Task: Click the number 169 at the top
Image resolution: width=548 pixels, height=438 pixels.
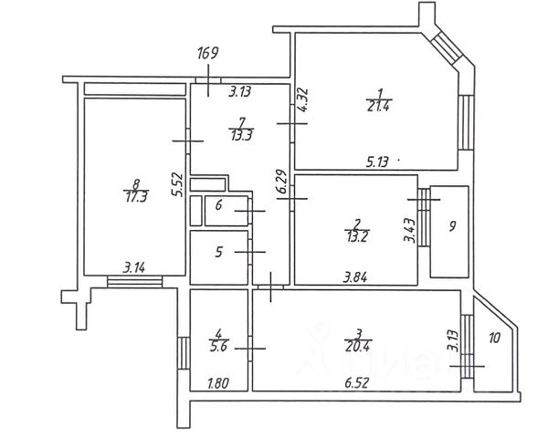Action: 208,52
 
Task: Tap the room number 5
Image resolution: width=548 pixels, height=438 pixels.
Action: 218,252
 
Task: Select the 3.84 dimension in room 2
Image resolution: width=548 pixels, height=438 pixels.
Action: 356,276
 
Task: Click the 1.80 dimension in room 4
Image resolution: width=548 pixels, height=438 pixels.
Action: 219,383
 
